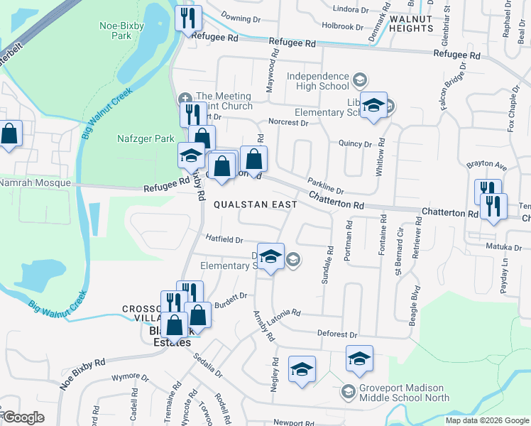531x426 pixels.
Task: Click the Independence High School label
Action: (x=318, y=81)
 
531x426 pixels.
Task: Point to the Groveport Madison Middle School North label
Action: (x=403, y=393)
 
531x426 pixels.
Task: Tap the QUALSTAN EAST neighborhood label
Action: (x=256, y=204)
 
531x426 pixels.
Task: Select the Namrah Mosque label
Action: (x=35, y=182)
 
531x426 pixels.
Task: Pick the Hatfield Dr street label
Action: (x=224, y=240)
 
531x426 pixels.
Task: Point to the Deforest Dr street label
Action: (x=336, y=334)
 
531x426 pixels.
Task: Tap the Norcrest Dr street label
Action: (x=288, y=122)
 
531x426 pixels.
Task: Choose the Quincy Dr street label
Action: (x=355, y=143)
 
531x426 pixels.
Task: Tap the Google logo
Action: (x=23, y=417)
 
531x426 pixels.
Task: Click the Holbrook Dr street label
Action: (x=342, y=26)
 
